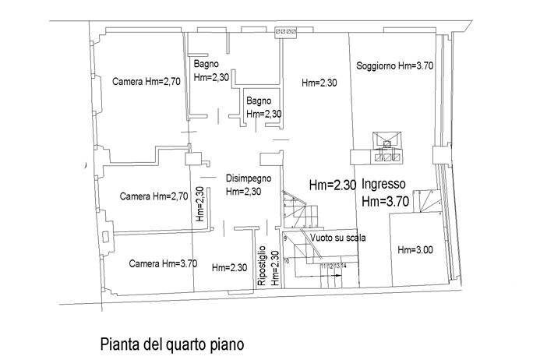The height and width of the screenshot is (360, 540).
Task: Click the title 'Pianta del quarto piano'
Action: point(172,343)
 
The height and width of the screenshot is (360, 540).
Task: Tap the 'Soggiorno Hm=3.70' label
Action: point(394,66)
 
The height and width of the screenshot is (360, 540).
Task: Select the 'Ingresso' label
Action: point(383,185)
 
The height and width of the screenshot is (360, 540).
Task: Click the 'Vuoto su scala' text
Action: point(337,238)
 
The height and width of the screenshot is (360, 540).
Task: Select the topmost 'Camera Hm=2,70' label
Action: point(146,81)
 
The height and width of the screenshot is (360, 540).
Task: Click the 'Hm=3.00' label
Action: point(415,250)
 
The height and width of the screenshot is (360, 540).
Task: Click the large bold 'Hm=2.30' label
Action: point(333,186)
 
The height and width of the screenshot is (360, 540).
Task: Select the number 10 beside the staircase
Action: point(286,261)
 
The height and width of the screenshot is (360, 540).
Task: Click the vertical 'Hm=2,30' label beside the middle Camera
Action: point(200,204)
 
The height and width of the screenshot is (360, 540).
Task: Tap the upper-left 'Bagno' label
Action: point(206,64)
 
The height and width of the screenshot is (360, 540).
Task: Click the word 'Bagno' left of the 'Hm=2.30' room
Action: point(259,101)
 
